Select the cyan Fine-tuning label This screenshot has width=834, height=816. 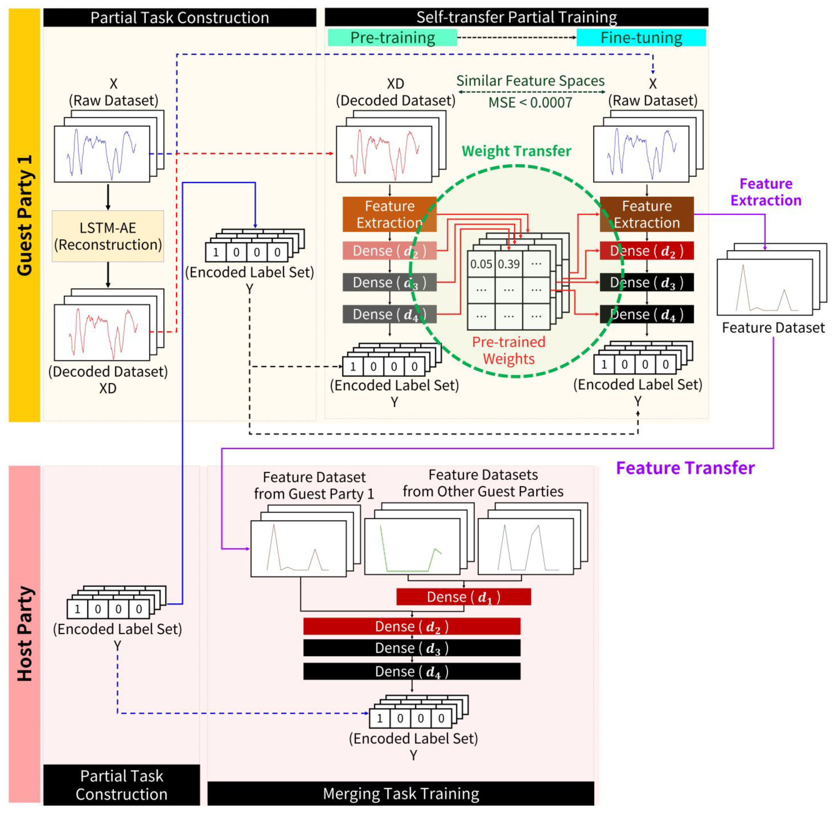tap(641, 38)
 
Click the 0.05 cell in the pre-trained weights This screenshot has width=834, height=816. tap(481, 264)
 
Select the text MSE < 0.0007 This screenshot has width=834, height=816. tap(530, 103)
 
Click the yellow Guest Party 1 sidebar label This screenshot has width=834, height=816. tap(24, 215)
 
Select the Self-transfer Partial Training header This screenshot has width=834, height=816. tap(516, 17)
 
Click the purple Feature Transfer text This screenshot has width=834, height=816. tap(685, 468)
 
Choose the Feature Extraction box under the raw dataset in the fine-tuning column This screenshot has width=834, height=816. tap(646, 214)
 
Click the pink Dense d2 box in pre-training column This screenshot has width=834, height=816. tap(389, 251)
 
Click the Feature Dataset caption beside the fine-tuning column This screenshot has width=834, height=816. tap(773, 328)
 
